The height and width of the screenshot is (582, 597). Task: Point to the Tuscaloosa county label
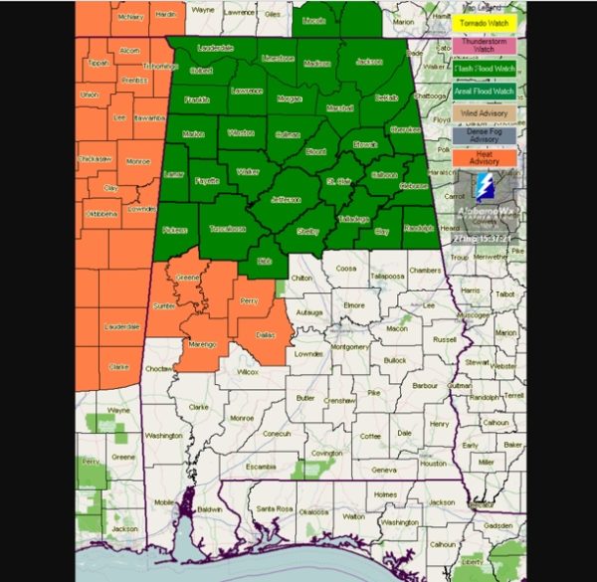pyautogui.click(x=227, y=228)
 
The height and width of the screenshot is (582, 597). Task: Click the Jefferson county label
pyautogui.click(x=286, y=199)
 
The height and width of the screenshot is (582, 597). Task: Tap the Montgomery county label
pyautogui.click(x=349, y=346)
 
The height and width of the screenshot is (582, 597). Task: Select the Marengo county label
pyautogui.click(x=204, y=344)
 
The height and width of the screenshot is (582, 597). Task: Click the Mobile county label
pyautogui.click(x=165, y=503)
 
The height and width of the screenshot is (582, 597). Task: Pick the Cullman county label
pyautogui.click(x=287, y=132)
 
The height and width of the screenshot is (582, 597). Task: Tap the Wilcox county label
pyautogui.click(x=248, y=371)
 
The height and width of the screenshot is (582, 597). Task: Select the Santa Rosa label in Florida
pyautogui.click(x=273, y=509)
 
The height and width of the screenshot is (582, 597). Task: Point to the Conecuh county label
pyautogui.click(x=276, y=433)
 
